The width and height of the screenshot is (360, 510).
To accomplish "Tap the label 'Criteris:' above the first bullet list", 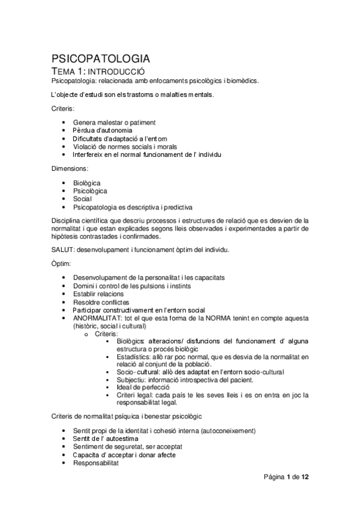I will click(x=63, y=109).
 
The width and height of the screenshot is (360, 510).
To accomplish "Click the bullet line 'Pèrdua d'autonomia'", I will click(x=103, y=130).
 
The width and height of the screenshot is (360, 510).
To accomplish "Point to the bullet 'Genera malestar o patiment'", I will click(x=114, y=122).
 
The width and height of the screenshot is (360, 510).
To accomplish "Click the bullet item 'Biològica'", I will click(x=87, y=183).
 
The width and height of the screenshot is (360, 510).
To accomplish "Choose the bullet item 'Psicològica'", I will click(x=90, y=191).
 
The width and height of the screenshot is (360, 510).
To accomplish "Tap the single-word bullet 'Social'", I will click(x=82, y=198).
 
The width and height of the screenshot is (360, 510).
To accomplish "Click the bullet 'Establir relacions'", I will click(x=99, y=293).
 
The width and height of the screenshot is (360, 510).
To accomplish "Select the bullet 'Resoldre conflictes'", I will click(x=101, y=302).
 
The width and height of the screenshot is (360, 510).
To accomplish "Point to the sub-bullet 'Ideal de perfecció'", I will click(x=143, y=387).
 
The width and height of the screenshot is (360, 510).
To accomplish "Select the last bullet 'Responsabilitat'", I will click(x=96, y=463).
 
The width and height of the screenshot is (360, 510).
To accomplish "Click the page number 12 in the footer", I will click(x=305, y=478).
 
